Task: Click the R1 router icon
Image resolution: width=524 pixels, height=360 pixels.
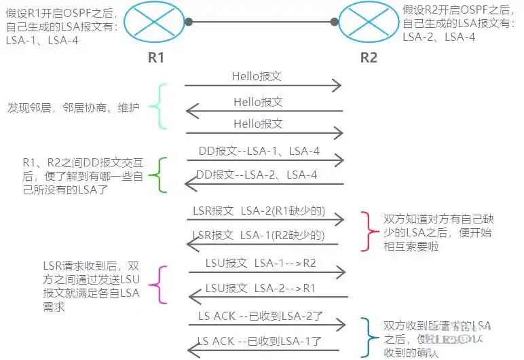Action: pos(156,22)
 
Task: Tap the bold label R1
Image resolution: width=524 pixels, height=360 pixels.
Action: pos(156,57)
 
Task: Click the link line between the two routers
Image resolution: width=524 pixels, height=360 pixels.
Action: pos(262,22)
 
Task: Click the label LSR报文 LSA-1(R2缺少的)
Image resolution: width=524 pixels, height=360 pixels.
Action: pos(257,236)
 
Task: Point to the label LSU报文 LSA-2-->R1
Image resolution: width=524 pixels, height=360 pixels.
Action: pos(260,288)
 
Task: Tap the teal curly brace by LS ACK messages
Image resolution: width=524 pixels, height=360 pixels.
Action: pos(368,337)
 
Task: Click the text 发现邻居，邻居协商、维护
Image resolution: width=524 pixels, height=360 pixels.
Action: pos(73,108)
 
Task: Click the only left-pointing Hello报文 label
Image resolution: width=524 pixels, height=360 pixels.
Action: pos(258,102)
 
